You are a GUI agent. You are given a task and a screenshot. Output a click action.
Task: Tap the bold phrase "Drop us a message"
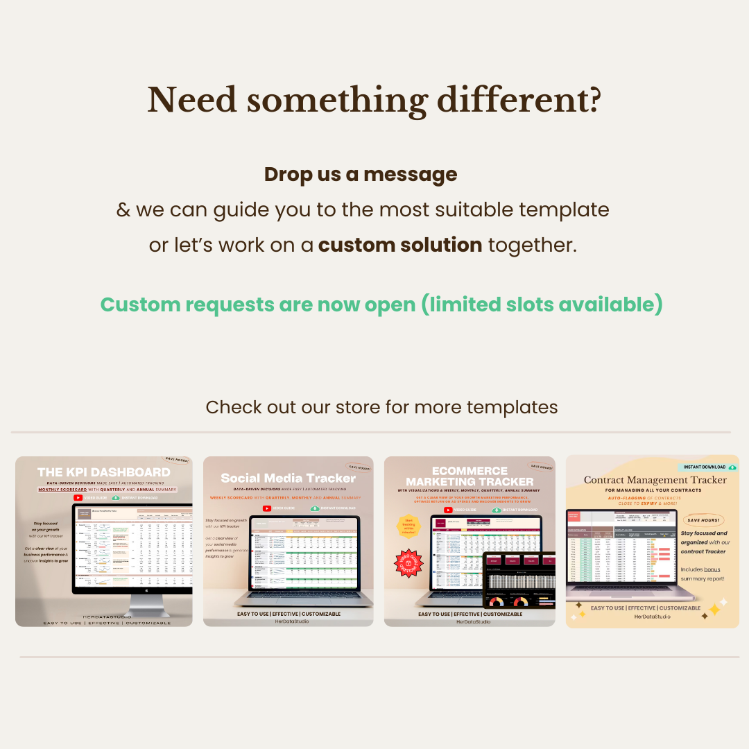click(x=361, y=174)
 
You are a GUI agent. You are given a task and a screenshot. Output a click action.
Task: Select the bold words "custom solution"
click(x=400, y=245)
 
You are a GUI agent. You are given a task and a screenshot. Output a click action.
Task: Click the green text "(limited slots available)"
click(x=542, y=304)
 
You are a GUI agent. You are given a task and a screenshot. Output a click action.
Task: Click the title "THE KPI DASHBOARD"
click(x=104, y=472)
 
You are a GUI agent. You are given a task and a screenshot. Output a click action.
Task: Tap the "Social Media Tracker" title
click(x=289, y=478)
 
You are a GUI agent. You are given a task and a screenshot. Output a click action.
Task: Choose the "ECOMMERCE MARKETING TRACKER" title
click(x=470, y=476)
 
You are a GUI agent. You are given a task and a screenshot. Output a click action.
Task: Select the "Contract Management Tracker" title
click(x=655, y=480)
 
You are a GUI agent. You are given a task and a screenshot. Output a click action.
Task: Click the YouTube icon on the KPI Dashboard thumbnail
click(x=78, y=497)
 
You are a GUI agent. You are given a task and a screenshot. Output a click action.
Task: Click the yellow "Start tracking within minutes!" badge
click(x=409, y=528)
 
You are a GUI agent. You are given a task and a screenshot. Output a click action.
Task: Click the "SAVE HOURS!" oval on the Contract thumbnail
click(x=704, y=520)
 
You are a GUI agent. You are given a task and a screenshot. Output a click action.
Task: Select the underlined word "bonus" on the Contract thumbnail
click(x=712, y=569)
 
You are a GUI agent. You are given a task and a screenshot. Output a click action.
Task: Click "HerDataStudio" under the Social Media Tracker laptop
click(x=289, y=621)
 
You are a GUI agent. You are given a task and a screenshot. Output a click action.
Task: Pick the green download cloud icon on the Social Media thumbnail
click(x=315, y=508)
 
